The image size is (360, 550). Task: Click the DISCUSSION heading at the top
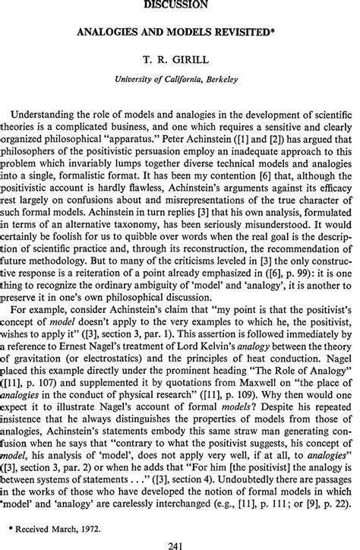[179, 4]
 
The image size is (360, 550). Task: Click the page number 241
[180, 542]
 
